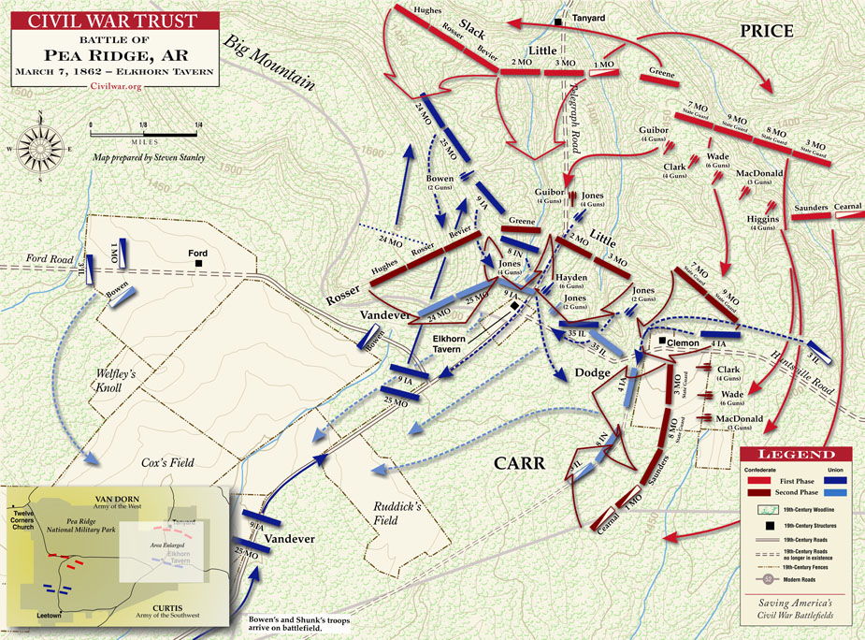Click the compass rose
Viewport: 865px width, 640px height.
point(42,147)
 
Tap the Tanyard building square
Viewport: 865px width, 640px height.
point(559,21)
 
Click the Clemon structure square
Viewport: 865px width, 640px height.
point(661,342)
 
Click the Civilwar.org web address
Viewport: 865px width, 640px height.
point(116,84)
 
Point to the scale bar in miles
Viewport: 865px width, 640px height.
point(145,124)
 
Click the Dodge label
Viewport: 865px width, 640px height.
point(591,372)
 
